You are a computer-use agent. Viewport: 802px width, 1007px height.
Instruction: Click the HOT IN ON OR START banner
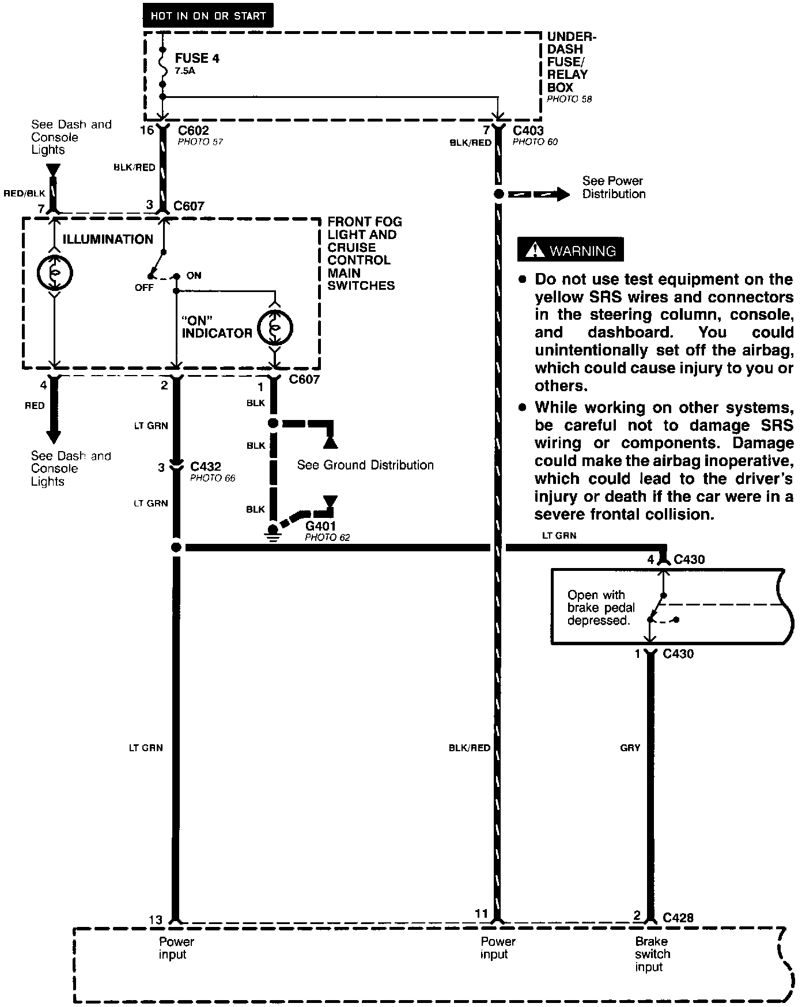coord(208,16)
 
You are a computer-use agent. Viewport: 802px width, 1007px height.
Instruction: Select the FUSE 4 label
coord(197,58)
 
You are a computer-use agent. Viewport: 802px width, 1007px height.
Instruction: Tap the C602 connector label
coord(194,131)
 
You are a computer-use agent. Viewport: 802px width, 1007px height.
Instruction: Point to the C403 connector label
coord(528,131)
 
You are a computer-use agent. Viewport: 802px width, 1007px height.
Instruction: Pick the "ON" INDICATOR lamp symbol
coord(275,328)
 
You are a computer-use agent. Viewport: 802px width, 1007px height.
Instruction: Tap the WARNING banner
coord(570,251)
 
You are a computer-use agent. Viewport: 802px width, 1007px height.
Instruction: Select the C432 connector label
coord(206,467)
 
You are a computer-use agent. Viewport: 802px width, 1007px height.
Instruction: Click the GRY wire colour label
coord(630,747)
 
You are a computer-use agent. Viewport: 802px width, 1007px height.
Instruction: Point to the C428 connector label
coord(678,917)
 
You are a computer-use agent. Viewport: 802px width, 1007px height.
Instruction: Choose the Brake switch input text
coord(652,954)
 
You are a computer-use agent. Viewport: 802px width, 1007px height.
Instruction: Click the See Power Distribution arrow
coord(542,194)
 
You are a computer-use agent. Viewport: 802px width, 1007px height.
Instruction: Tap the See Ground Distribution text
coord(365,465)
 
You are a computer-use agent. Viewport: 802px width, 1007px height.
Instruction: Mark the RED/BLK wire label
coord(24,194)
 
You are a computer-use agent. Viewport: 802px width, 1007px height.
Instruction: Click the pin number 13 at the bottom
coord(156,920)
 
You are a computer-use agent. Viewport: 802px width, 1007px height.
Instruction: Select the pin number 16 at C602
coord(147,130)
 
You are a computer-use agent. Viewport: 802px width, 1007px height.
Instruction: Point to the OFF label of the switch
coord(144,287)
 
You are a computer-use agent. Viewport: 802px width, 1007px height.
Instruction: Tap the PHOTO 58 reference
coord(569,99)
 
